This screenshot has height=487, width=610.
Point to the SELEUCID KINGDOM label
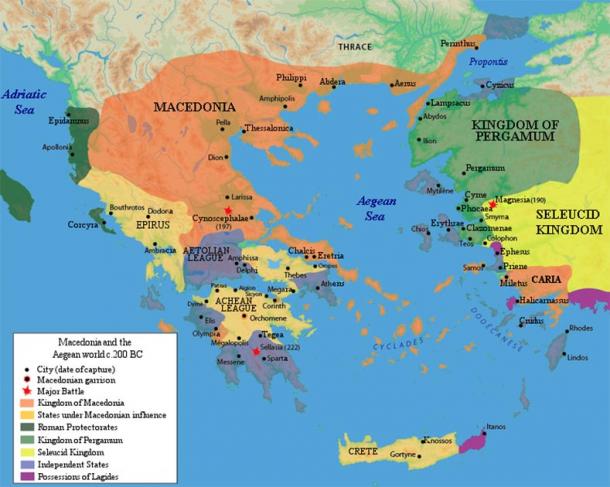569,222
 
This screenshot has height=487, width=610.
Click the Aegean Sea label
380,208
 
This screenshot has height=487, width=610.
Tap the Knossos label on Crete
437,439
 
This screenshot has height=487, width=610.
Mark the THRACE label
353,46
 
